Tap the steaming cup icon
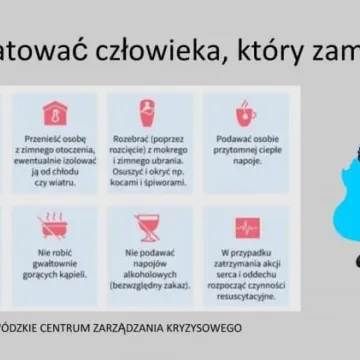point(244,111)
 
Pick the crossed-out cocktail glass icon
point(149,227)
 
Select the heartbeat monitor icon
point(245,227)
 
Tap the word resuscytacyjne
point(245,296)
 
